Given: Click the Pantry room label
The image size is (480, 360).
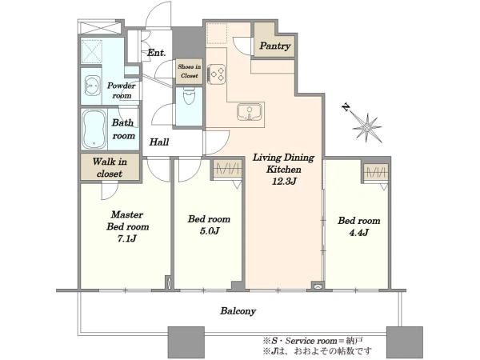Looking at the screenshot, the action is [275, 46].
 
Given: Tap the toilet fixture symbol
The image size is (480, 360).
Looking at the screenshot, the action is [189, 95].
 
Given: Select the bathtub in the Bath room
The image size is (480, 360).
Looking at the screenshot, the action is [94, 129].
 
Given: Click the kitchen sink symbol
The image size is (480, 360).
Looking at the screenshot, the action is [250, 111].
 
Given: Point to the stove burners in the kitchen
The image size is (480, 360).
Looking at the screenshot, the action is [217, 74].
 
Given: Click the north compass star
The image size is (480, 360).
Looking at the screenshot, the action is [367, 128].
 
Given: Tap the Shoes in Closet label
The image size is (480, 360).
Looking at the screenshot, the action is [189, 71].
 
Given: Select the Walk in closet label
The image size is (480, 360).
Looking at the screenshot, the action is [110, 167].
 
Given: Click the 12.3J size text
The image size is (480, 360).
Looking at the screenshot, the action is [284, 182].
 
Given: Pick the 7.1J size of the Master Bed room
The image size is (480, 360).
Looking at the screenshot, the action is [126, 238].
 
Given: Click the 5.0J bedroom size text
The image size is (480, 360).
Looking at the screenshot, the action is [210, 231].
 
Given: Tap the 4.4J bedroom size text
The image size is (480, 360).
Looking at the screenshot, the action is [358, 233].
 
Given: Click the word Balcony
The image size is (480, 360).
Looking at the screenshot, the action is [238, 311].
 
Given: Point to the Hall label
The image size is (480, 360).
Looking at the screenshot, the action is [159, 142].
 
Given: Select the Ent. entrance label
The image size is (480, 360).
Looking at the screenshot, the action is [157, 53].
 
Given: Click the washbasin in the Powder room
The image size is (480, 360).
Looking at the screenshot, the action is [91, 86].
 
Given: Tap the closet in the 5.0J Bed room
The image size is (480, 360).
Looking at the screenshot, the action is [227, 170].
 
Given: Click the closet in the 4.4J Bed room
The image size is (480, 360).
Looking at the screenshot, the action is [376, 171].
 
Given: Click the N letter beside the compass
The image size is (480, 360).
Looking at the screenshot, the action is [346, 107].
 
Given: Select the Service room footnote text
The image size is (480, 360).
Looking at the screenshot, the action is [313, 341].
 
